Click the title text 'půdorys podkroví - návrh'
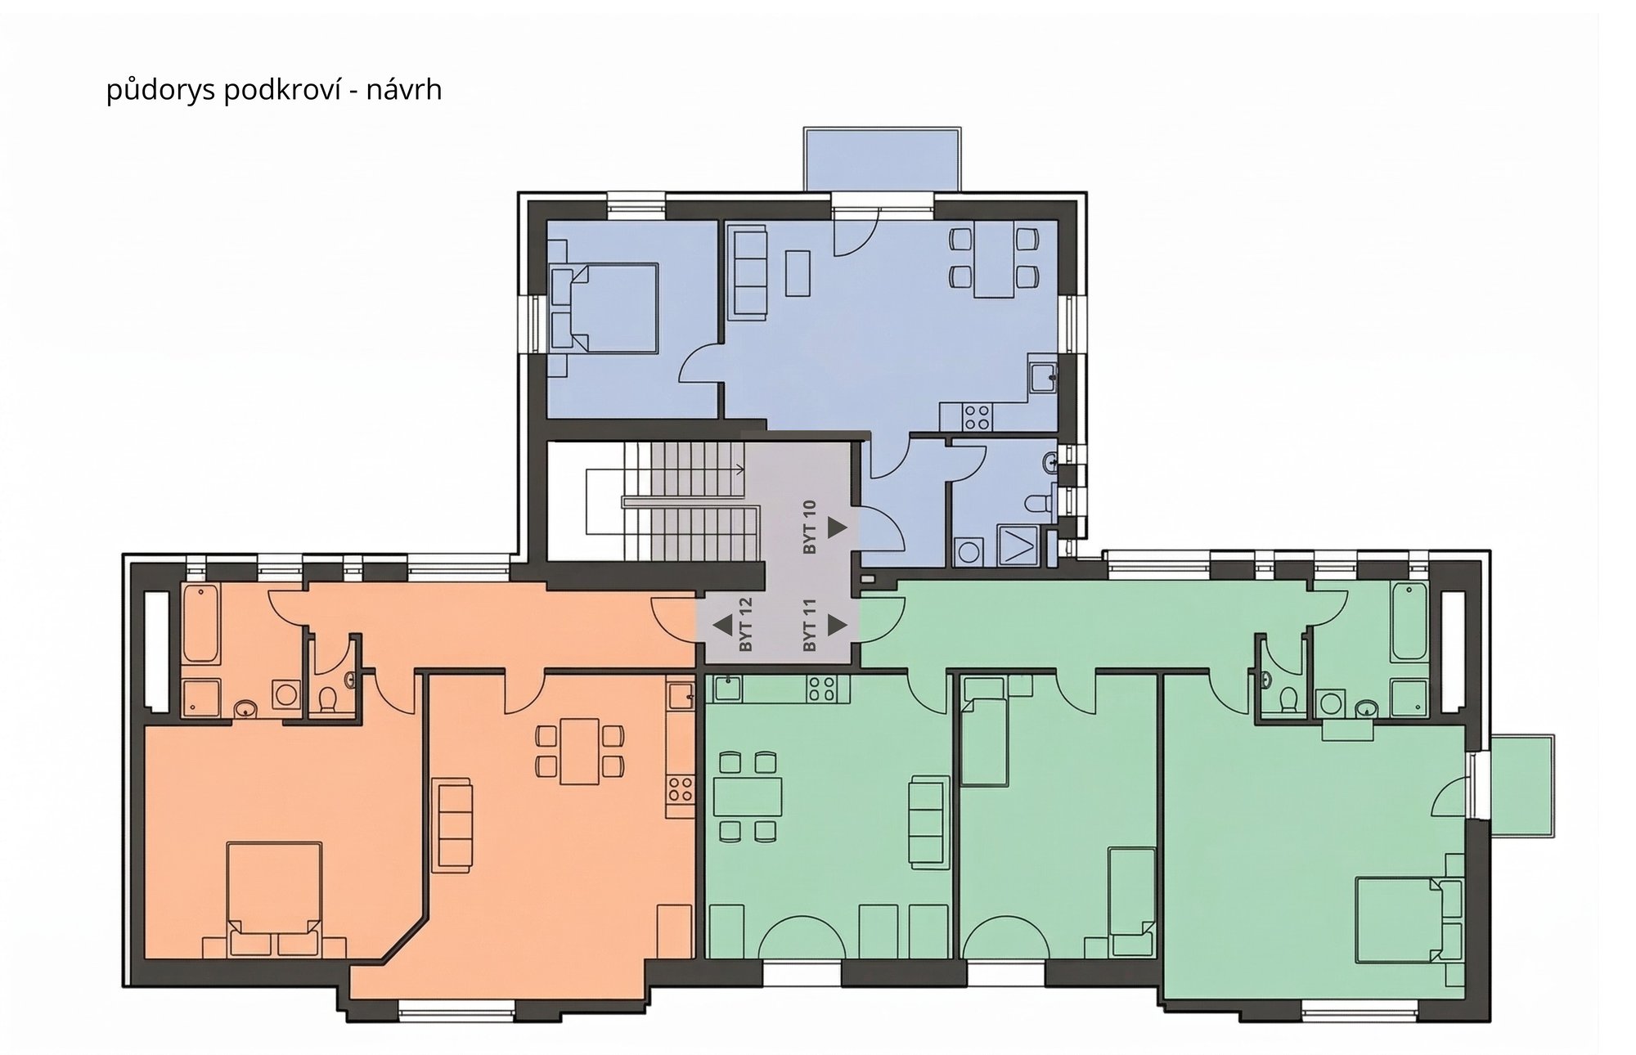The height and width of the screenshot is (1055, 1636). pos(274,89)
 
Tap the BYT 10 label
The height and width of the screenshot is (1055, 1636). pos(810,527)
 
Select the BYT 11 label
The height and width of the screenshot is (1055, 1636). pos(810,625)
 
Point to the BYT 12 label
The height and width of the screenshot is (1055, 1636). pos(744,625)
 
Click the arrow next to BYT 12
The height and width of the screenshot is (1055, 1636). pos(722,626)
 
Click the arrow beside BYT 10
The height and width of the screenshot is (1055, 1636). pos(837,527)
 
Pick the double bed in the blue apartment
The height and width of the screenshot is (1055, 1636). pos(605,308)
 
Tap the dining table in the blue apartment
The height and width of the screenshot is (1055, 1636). pos(994,260)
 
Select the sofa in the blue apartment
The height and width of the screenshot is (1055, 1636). pos(748,272)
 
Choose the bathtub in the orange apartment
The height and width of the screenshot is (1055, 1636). pos(200,623)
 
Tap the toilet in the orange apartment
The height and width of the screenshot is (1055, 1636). pos(327,699)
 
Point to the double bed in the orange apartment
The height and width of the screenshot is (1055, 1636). pos(273,898)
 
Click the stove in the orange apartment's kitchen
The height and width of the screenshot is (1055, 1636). pos(680,789)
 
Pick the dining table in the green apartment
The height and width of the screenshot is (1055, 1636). pos(748,797)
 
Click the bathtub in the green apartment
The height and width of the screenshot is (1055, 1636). pos(1409,622)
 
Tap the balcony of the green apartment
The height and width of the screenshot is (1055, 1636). pos(1521,784)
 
